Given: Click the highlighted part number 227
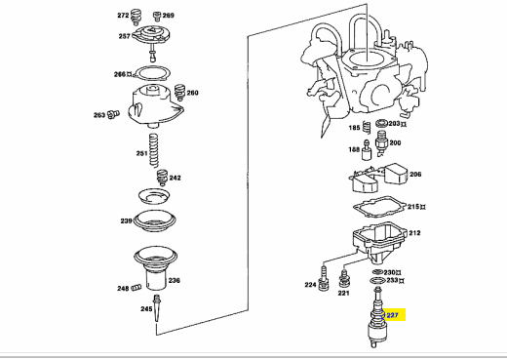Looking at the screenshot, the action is coord(392,315).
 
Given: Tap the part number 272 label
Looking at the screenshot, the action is coord(123,16).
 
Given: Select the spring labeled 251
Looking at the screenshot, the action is coord(154,150).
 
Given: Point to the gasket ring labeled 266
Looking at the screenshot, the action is coord(152,73).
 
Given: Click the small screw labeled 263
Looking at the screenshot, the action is coord(113,114).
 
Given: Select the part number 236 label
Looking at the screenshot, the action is coord(174,280).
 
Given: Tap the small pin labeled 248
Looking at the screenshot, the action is coord(136,287).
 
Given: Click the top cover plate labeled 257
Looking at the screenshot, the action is coord(151,35).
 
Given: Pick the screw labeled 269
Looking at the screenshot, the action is coord(157,16).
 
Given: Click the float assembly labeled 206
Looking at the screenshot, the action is coord(378,178).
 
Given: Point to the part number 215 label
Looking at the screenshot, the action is coord(413,207).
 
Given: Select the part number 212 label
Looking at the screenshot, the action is coord(414,233).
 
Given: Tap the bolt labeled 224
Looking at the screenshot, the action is coord(324,279).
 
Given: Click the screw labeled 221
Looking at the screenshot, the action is coord(343,278).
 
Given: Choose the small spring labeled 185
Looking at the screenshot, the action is coord(367,127).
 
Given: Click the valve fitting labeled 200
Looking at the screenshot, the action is coord(381,142).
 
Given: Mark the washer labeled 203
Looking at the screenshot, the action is coord(381,123).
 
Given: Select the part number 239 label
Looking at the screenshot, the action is coord(126,220).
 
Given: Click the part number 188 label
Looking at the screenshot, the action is coord(354,149).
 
